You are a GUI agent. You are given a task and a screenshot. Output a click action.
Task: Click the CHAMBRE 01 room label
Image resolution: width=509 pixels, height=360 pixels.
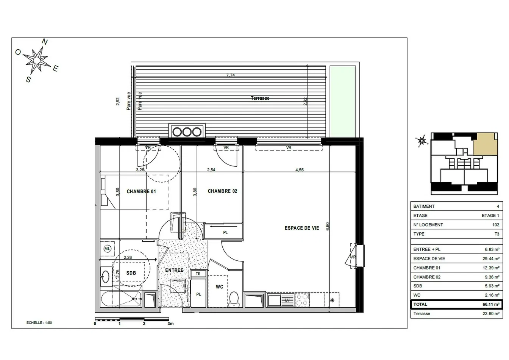click(x=141, y=191)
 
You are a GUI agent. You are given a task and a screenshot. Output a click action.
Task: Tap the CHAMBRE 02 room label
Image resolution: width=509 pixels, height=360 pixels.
click(x=222, y=191)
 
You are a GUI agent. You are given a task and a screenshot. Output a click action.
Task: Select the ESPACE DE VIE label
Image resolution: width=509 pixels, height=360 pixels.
click(x=302, y=228)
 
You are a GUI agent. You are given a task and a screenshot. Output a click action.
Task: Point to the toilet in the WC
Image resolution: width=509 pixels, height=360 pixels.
click(x=234, y=299)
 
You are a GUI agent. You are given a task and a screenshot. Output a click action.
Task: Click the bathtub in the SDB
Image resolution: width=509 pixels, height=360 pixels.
click(x=122, y=299)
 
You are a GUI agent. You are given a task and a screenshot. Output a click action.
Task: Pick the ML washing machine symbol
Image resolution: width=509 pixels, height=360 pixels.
click(x=107, y=249)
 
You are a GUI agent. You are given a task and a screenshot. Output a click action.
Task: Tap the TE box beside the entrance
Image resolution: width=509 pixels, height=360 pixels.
click(x=198, y=274)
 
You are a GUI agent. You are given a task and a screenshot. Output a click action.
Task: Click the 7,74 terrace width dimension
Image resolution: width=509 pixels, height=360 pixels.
click(x=230, y=75)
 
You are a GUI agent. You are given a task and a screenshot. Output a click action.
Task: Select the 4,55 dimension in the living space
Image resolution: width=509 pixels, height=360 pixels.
click(x=299, y=170)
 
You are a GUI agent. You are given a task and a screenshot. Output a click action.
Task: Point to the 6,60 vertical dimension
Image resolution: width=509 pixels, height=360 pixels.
click(x=328, y=226)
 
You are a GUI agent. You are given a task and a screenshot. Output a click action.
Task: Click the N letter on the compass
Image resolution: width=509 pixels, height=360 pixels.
click(x=45, y=42)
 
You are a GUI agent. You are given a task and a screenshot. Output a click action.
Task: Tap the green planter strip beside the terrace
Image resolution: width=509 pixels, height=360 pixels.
click(x=343, y=102)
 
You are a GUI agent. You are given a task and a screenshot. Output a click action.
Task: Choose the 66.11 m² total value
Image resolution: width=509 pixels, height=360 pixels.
click(x=491, y=304)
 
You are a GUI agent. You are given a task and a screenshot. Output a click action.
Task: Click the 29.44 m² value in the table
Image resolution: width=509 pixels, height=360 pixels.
click(x=491, y=258)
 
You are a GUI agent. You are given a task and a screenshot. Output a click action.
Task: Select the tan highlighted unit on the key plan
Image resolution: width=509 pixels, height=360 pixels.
click(x=486, y=144)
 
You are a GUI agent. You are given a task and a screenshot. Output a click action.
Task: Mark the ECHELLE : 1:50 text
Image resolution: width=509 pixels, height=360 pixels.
click(x=39, y=322)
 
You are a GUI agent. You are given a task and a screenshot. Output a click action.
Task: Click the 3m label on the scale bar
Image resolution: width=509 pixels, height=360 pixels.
click(x=170, y=324)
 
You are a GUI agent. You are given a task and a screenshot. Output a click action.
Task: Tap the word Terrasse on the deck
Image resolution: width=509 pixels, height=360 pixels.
click(x=260, y=98)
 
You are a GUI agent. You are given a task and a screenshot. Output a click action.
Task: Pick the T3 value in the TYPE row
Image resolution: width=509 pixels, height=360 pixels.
click(x=497, y=234)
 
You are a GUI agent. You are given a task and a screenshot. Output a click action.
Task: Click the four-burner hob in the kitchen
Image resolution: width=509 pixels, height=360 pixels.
click(x=302, y=300)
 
